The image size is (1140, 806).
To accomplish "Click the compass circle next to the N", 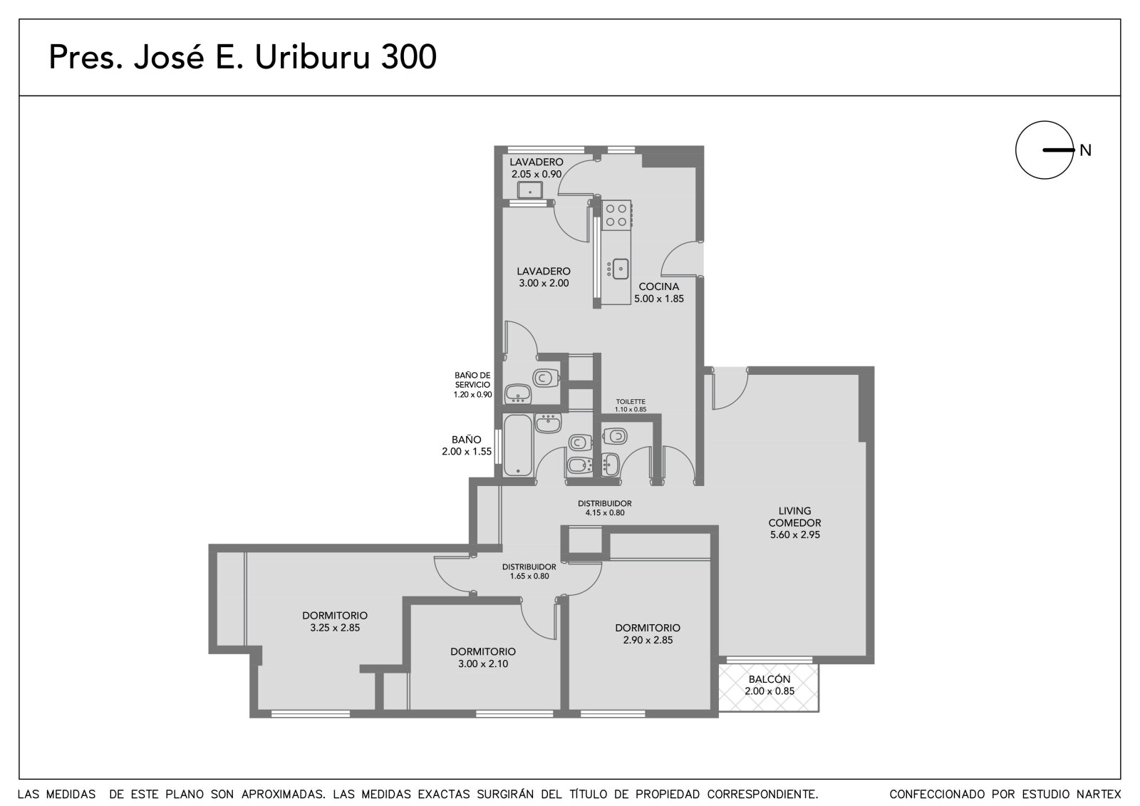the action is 1016,150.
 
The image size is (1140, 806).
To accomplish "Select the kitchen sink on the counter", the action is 620,269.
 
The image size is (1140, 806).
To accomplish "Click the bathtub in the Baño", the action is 518,445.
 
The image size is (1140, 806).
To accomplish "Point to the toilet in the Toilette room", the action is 616,436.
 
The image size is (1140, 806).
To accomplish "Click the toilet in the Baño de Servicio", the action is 546,378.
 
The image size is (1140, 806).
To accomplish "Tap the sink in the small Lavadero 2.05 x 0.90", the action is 530,190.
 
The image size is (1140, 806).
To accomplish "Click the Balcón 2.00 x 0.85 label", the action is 769,685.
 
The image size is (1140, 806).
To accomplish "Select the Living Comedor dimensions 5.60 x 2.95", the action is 795,534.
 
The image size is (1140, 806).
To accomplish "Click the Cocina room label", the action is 659,286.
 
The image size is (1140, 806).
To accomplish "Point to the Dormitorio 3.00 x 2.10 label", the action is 483,657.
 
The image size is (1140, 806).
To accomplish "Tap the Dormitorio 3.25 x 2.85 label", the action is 335,621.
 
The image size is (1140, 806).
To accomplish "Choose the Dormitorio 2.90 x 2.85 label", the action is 648,634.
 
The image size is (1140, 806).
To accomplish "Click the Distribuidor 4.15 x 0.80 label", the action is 605,508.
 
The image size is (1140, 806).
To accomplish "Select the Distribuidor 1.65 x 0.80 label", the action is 529,572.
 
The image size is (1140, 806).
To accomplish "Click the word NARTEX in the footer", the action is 1099,795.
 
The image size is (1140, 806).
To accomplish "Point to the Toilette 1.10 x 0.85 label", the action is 631,405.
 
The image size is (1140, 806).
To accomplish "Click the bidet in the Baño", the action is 580,465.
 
